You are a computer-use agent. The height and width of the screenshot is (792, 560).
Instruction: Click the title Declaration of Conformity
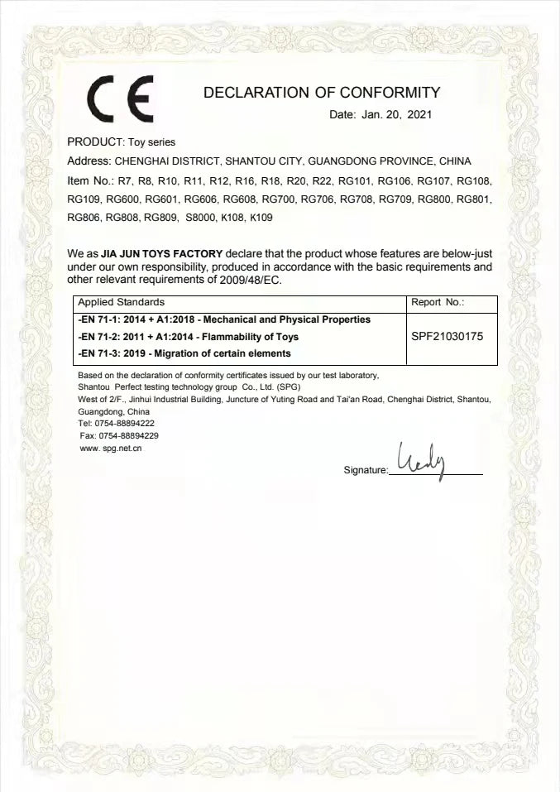(x=322, y=93)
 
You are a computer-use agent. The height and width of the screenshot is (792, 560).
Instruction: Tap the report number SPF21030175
(x=447, y=337)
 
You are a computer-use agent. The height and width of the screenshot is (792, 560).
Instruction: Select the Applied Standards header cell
(x=121, y=303)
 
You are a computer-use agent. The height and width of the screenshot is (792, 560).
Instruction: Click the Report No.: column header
(x=438, y=303)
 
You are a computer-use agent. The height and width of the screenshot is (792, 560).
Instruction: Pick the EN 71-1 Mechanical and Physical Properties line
(x=223, y=319)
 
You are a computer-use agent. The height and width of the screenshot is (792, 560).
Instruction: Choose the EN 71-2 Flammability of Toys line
(x=188, y=337)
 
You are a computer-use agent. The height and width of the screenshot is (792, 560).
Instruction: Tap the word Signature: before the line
(x=365, y=470)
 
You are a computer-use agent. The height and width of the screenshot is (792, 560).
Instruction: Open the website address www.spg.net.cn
(x=111, y=449)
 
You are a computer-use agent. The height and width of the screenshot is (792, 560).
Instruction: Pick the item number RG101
(x=355, y=180)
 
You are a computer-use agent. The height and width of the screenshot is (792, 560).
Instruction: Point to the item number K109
(x=261, y=218)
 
